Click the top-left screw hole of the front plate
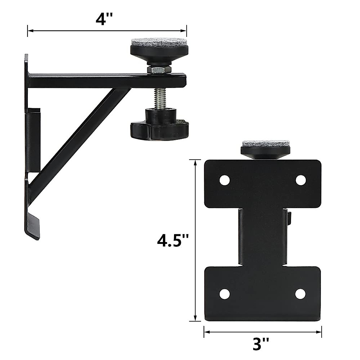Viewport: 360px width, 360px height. click(x=224, y=180)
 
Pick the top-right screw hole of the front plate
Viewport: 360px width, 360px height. click(x=301, y=180)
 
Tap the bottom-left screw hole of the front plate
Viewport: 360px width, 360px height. click(x=224, y=294)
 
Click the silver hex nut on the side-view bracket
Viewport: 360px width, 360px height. click(x=159, y=70)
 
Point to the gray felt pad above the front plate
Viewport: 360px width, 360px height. click(x=260, y=143)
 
